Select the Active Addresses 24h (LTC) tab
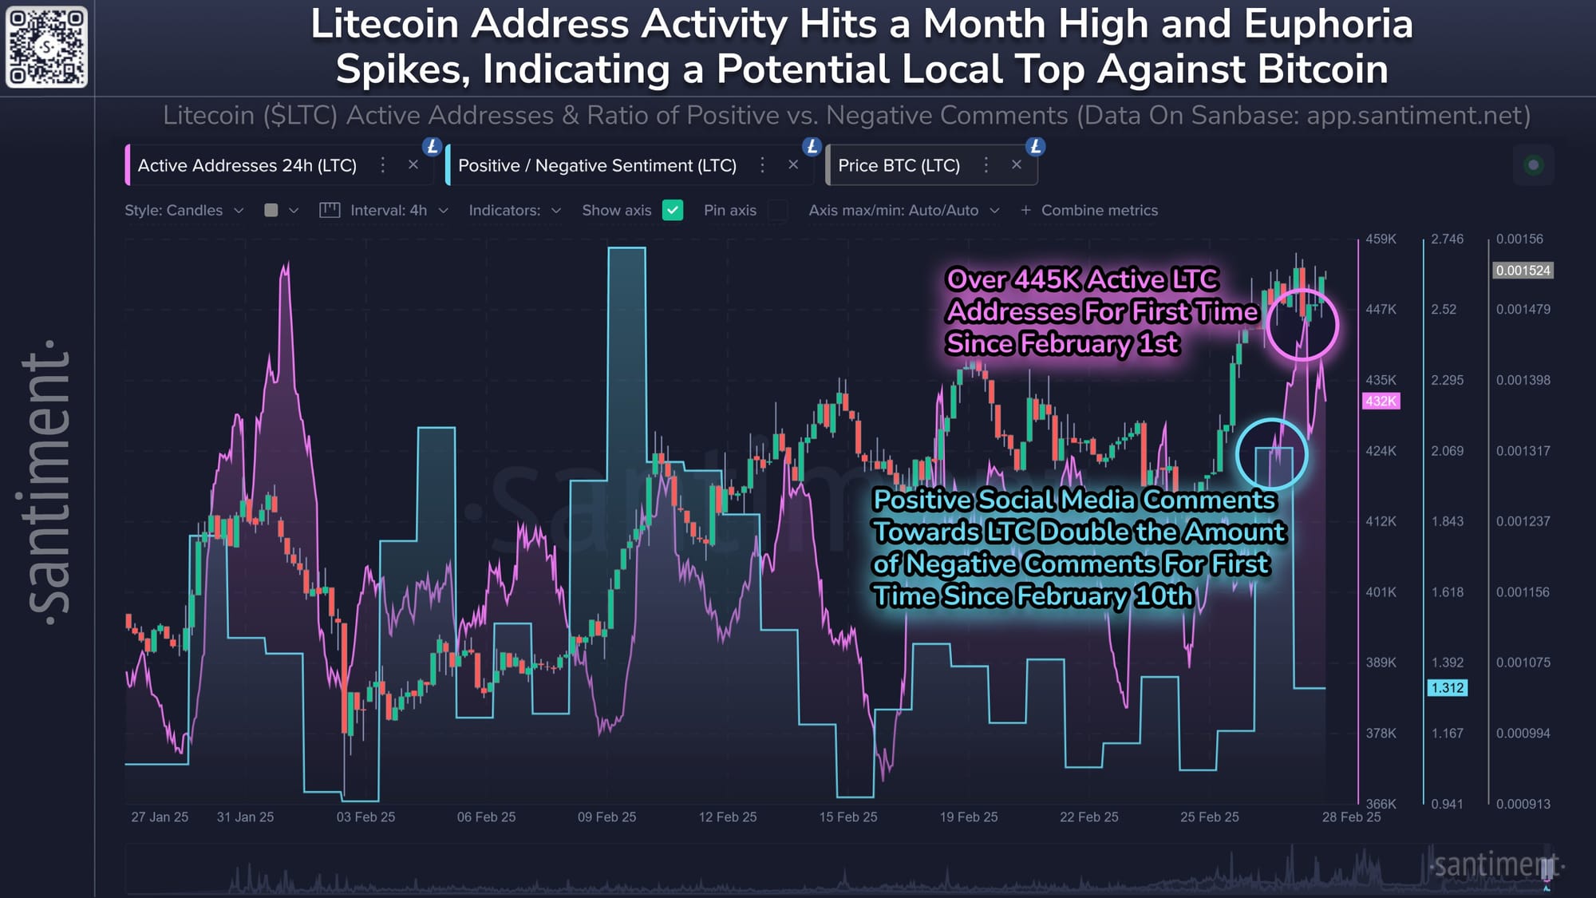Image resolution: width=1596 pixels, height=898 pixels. click(x=247, y=165)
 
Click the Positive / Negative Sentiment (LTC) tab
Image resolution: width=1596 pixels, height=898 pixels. click(x=596, y=165)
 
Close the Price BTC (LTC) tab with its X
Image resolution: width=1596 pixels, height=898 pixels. click(x=1016, y=164)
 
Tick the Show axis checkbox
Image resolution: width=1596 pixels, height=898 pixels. click(x=673, y=210)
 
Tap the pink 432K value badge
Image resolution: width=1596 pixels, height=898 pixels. click(x=1381, y=401)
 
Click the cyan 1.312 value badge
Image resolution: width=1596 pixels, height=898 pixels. click(x=1447, y=687)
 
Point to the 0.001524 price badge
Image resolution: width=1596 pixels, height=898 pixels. click(x=1523, y=271)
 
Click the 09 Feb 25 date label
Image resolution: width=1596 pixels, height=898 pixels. click(x=606, y=817)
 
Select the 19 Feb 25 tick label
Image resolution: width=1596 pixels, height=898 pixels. click(x=968, y=817)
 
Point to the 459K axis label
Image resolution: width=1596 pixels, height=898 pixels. click(x=1381, y=239)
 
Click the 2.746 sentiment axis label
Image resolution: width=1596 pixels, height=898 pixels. click(x=1447, y=239)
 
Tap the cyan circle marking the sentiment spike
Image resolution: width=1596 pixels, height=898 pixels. click(x=1271, y=454)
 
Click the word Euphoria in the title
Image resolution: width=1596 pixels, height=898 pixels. click(x=1328, y=24)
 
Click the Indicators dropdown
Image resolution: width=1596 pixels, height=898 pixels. click(x=515, y=210)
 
